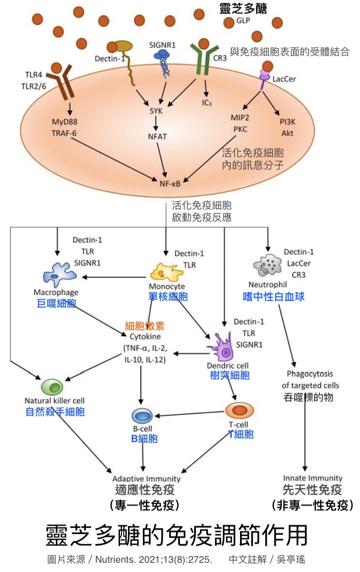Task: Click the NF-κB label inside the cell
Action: [x=170, y=184]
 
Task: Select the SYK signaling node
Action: [x=156, y=111]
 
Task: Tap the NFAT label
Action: [x=157, y=136]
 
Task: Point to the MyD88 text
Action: [x=64, y=122]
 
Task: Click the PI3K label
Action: [x=287, y=122]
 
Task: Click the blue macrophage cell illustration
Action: [x=59, y=275]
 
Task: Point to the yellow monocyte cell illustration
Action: [x=166, y=273]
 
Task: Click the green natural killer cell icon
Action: [x=52, y=387]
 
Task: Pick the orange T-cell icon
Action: [x=239, y=410]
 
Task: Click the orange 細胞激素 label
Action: [x=144, y=326]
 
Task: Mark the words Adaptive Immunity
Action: [x=146, y=478]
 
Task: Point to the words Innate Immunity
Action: [x=312, y=478]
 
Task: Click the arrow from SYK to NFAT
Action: [x=156, y=123]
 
